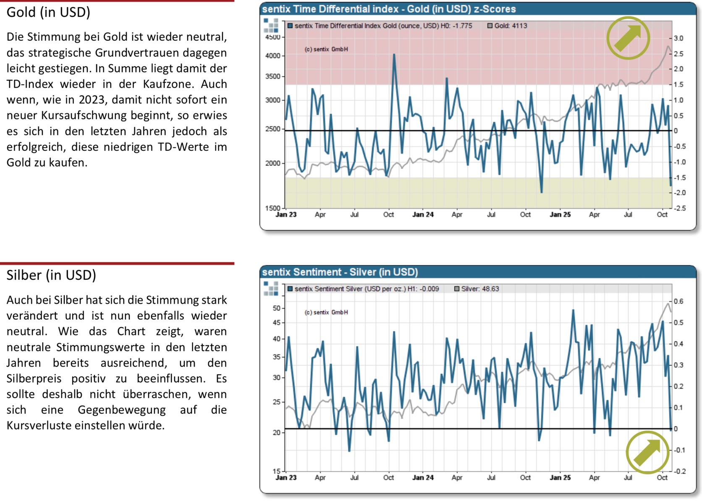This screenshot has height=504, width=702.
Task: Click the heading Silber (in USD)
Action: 51,276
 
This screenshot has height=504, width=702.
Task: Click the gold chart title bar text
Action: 389,9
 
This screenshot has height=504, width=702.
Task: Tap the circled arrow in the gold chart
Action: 628,38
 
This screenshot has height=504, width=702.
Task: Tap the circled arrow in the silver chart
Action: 647,452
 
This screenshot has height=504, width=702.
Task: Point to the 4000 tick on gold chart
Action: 272,56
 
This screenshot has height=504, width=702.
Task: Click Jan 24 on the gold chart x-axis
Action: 423,215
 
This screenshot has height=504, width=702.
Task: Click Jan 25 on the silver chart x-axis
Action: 560,478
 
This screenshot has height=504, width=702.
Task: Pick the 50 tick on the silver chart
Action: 276,308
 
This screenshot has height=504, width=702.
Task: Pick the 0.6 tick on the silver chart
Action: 678,302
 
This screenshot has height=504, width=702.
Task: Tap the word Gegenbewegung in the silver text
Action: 122,410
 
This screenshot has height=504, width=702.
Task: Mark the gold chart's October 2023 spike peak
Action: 394,54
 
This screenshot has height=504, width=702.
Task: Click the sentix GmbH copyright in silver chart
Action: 326,312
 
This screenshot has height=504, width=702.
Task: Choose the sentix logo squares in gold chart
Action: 271,25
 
